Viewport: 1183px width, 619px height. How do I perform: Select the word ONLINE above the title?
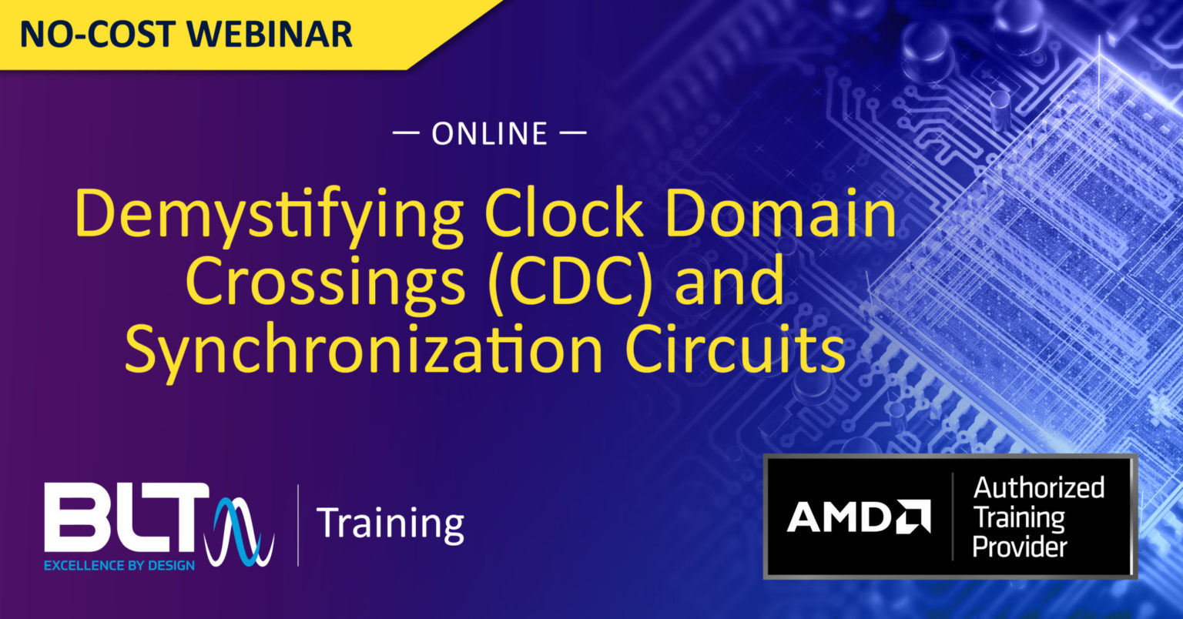490,134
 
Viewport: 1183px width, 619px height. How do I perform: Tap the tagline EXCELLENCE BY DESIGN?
119,566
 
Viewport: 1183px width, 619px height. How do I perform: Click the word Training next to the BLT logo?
390,523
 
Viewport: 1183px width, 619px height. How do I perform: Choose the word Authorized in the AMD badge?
1039,487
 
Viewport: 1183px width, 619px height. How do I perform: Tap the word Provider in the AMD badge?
1020,547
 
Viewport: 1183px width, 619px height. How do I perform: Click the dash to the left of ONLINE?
406,134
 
